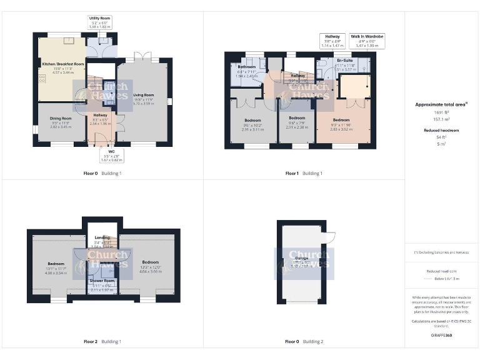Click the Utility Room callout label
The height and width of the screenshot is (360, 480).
pos(99,22)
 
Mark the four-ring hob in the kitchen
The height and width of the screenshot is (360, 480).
pos(42,79)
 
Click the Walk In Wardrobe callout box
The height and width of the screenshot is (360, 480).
pos(367,41)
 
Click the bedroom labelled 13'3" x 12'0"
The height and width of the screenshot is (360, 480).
pos(150,262)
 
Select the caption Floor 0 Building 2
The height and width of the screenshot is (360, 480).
pos(304,342)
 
